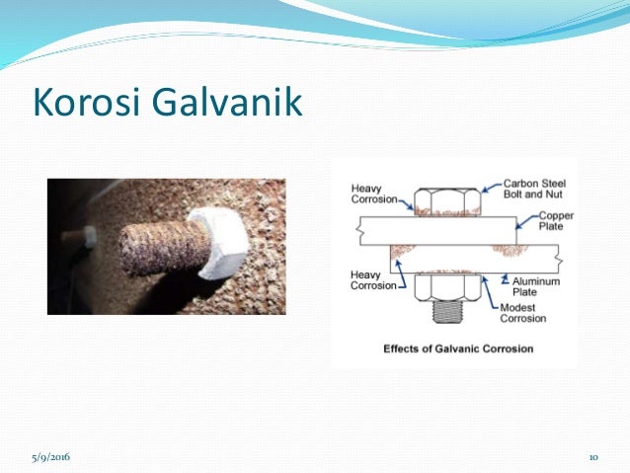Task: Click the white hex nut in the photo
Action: click(x=225, y=244)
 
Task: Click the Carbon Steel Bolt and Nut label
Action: click(x=533, y=189)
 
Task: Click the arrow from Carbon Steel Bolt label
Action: click(x=491, y=187)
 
